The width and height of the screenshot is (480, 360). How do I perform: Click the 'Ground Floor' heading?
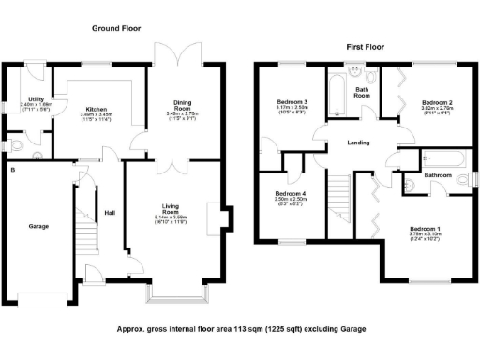pos(116,29)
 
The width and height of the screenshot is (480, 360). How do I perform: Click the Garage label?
pos(38,226)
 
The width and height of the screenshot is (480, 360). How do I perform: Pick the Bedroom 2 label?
pos(437,103)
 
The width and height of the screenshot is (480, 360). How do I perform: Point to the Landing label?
pos(357,142)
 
